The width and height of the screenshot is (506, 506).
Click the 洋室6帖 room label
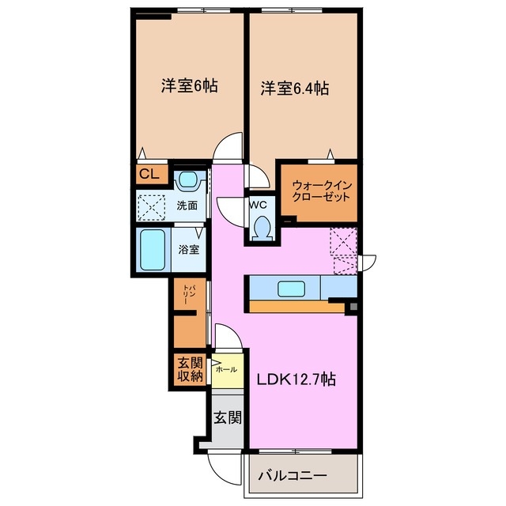point(190,87)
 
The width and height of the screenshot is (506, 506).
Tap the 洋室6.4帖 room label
point(294,89)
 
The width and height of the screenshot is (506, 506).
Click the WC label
point(259,204)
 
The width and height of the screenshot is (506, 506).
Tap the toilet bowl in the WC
point(260,228)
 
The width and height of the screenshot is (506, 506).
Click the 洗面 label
point(187,206)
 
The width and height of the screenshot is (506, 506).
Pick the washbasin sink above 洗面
point(187,180)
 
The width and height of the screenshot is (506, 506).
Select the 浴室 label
point(188,250)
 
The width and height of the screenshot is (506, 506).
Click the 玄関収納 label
point(191,370)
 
